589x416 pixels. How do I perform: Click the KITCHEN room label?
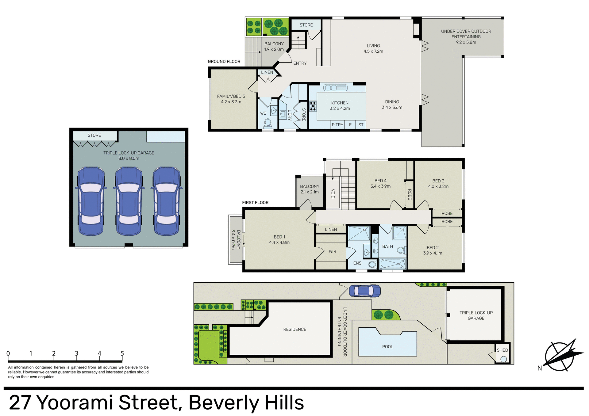pyautogui.click(x=340, y=103)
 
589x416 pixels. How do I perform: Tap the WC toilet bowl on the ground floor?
pyautogui.click(x=268, y=123)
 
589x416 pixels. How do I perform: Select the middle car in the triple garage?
pyautogui.click(x=129, y=201)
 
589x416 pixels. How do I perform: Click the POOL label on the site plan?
pyautogui.click(x=387, y=346)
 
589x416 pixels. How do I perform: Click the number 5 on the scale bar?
pyautogui.click(x=122, y=353)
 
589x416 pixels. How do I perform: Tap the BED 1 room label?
pyautogui.click(x=279, y=237)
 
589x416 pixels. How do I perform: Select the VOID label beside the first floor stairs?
pyautogui.click(x=333, y=193)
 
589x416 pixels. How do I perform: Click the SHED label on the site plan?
pyautogui.click(x=502, y=350)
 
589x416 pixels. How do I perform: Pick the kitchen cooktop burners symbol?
pyautogui.click(x=313, y=106)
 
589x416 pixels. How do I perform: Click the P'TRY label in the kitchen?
pyautogui.click(x=337, y=125)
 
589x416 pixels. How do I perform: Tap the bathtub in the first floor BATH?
pyautogui.click(x=393, y=263)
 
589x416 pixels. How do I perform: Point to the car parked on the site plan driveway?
pyautogui.click(x=365, y=291)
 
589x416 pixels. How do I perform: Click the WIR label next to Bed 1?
pyautogui.click(x=332, y=251)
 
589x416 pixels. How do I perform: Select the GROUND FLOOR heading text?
pyautogui.click(x=224, y=61)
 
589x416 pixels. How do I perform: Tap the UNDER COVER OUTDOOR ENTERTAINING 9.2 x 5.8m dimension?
pyautogui.click(x=466, y=42)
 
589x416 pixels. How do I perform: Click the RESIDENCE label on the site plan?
pyautogui.click(x=294, y=329)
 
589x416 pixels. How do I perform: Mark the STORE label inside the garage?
pyautogui.click(x=94, y=135)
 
